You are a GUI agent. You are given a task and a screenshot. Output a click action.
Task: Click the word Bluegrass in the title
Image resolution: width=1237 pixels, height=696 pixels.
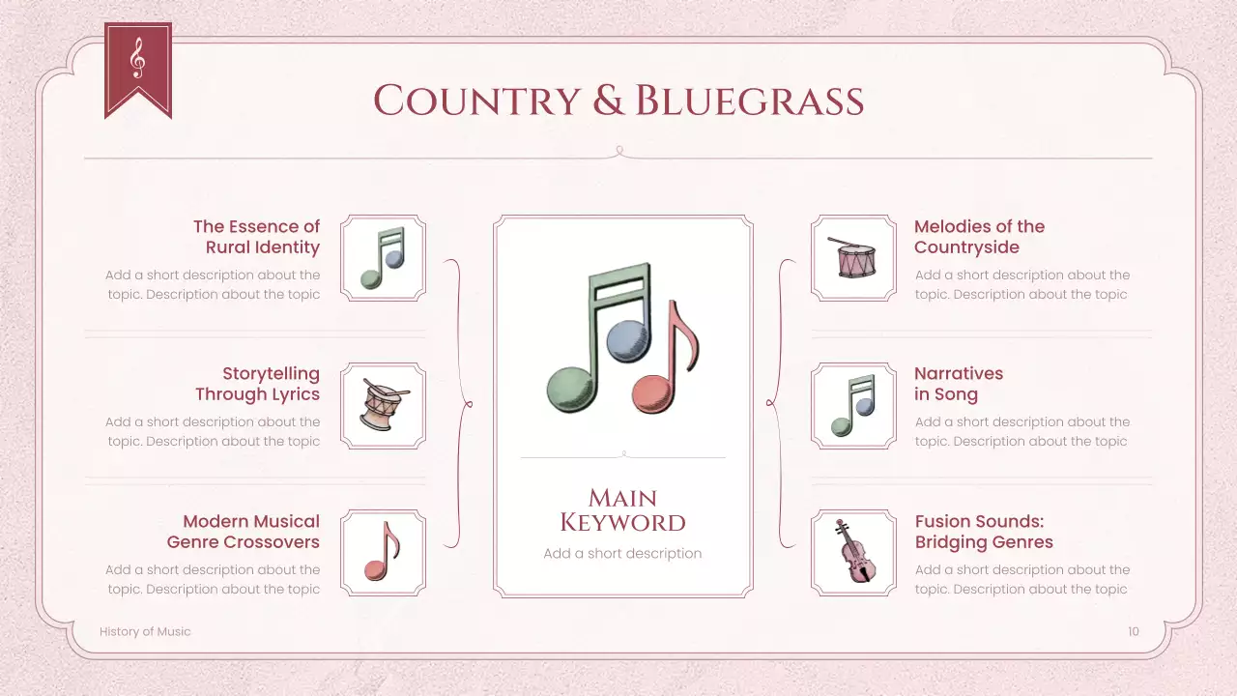(749, 101)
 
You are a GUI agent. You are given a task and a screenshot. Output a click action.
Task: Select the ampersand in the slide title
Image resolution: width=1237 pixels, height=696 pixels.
(608, 101)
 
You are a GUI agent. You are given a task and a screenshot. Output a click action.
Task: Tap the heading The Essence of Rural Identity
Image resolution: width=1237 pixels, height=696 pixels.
(256, 237)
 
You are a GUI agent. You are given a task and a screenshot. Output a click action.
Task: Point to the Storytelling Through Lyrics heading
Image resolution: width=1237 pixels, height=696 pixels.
(257, 384)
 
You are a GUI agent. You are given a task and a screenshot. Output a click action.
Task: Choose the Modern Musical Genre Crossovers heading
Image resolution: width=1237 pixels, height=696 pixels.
(244, 532)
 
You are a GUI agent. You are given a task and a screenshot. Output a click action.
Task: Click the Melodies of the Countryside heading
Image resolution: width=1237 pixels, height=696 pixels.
(979, 237)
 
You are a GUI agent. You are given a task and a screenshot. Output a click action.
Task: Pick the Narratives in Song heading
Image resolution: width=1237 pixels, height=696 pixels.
(958, 384)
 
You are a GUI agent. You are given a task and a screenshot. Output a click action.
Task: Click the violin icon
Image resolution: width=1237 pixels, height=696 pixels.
(853, 552)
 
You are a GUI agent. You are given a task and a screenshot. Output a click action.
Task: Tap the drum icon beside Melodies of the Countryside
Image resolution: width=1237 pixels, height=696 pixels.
(853, 258)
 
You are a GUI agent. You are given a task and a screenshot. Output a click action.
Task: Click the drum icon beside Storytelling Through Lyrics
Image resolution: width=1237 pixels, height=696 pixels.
(384, 405)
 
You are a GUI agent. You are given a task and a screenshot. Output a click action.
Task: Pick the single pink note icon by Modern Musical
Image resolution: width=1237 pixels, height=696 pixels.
(383, 552)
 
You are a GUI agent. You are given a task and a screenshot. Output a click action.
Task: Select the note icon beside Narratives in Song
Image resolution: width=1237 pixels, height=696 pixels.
(853, 405)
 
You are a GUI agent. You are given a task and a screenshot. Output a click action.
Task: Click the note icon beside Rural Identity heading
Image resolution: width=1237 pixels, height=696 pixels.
(383, 258)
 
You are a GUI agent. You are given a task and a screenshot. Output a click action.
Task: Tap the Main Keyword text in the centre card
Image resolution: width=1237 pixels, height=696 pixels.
(622, 510)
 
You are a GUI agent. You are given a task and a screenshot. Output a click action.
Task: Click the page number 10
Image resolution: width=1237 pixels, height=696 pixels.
(1133, 631)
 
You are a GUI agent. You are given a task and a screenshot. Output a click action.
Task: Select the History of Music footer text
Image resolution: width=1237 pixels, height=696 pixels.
(145, 631)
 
